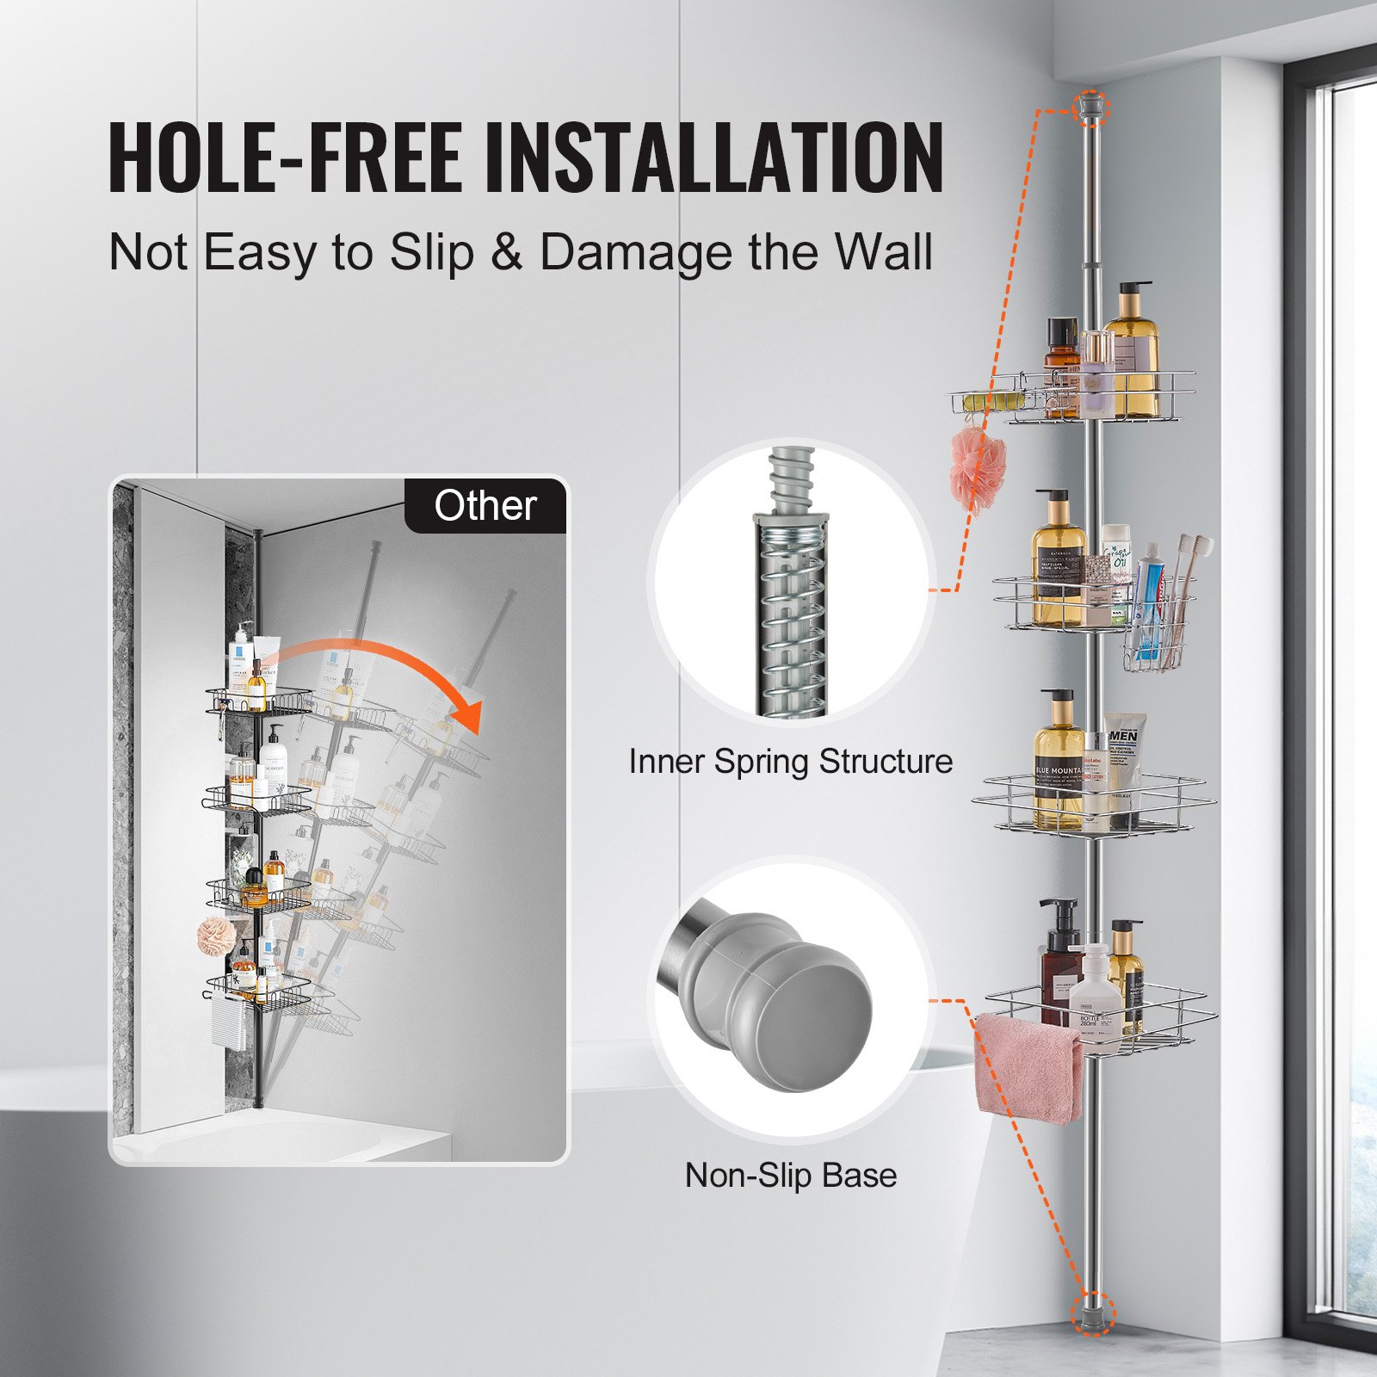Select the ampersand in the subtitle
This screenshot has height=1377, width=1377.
tap(507, 252)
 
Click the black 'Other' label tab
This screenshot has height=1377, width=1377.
tap(485, 505)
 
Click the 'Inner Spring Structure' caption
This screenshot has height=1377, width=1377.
tap(790, 762)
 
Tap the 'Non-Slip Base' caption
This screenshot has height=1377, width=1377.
tap(790, 1175)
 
